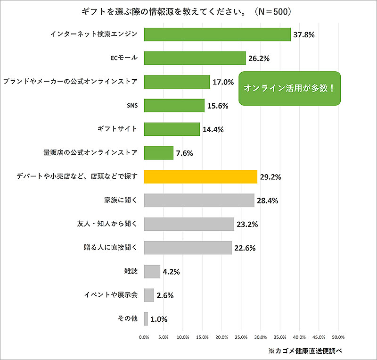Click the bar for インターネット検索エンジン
click(217, 34)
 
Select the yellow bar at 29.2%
click(200, 176)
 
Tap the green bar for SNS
click(174, 106)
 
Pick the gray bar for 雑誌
click(152, 271)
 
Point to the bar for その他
click(146, 319)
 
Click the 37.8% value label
click(304, 35)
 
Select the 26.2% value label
click(259, 59)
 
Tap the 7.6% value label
click(185, 153)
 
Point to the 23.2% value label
click(247, 224)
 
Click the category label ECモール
click(124, 58)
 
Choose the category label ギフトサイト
click(118, 129)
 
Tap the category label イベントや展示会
click(111, 295)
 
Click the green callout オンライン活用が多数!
click(290, 88)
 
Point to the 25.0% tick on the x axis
click(241, 337)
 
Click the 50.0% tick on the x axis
click(338, 337)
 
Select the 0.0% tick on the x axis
click(144, 337)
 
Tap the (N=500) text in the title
click(275, 11)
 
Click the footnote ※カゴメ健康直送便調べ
click(304, 351)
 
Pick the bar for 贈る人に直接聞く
click(188, 248)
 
